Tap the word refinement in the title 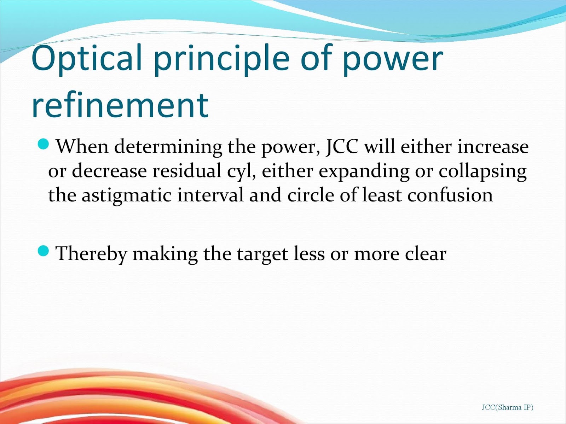coord(120,105)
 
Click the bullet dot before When coord(43,144)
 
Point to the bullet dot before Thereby coord(43,251)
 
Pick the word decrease coord(109,171)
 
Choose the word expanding coord(364,172)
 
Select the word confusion coord(450,195)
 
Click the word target coord(262,255)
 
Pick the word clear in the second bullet coord(426,253)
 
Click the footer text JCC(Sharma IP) coord(508,407)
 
